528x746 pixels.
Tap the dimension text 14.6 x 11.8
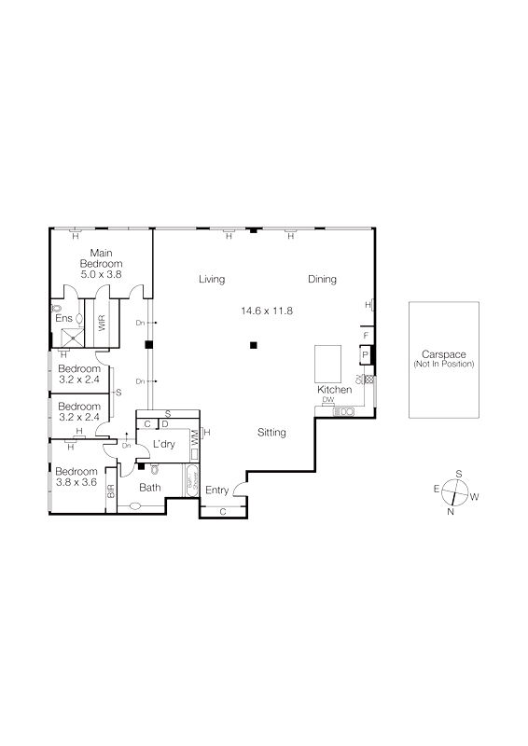click(267, 311)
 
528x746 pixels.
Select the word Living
click(214, 279)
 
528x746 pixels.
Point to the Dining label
click(322, 279)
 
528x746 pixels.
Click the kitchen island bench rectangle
click(328, 362)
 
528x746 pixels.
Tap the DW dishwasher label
click(327, 401)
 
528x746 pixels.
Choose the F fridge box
click(366, 335)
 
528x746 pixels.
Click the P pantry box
click(366, 354)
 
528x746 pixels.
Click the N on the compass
click(451, 510)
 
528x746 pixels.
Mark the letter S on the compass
click(458, 473)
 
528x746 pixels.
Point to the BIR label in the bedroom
click(110, 491)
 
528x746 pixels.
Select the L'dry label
click(164, 444)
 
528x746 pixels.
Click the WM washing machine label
click(194, 436)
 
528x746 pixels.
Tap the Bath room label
click(150, 488)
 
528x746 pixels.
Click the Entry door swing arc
click(239, 488)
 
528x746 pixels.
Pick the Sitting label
click(271, 433)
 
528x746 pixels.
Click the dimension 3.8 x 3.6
click(76, 484)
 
